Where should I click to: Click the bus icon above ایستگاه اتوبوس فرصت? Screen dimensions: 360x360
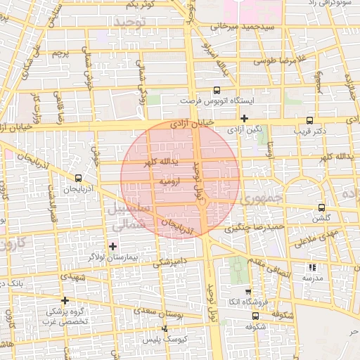[x=217, y=90]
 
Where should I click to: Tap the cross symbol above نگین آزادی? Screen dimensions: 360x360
[x=245, y=119]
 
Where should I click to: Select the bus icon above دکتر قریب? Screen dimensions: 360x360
[x=311, y=120]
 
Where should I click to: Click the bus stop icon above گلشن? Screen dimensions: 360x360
[x=321, y=207]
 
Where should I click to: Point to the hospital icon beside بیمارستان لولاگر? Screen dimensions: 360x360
[x=113, y=245]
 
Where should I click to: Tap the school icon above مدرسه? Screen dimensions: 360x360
[x=312, y=267]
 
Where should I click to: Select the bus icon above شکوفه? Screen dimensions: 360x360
[x=255, y=316]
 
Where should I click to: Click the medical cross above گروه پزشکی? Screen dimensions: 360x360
[x=65, y=300]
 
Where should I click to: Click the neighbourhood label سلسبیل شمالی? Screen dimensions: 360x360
[x=125, y=217]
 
